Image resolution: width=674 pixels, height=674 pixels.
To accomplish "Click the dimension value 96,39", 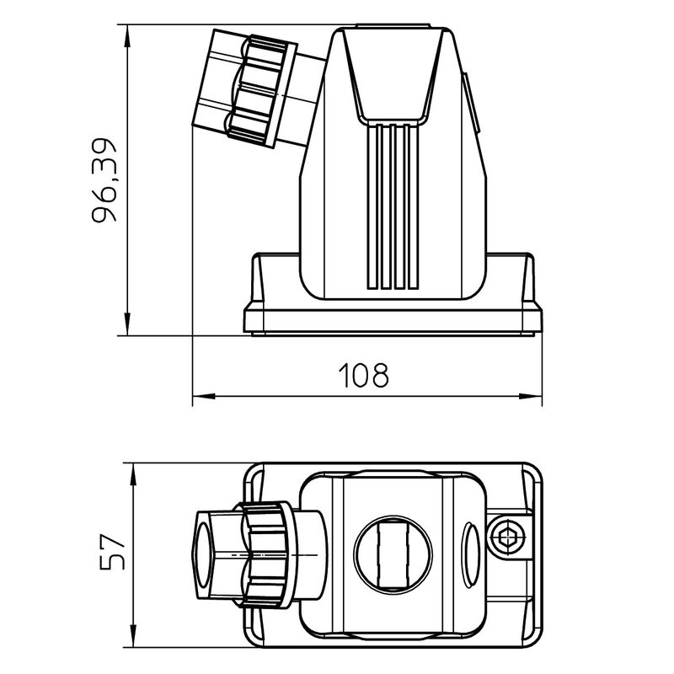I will coord(107,180).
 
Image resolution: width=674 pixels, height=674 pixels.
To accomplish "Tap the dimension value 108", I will coord(364,375).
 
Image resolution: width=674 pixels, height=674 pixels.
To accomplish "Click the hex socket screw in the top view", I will coord(509,537).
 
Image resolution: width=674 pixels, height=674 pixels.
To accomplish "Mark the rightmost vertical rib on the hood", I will coord(412,206).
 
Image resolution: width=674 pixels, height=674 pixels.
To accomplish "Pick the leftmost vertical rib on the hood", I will coord(372,206).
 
